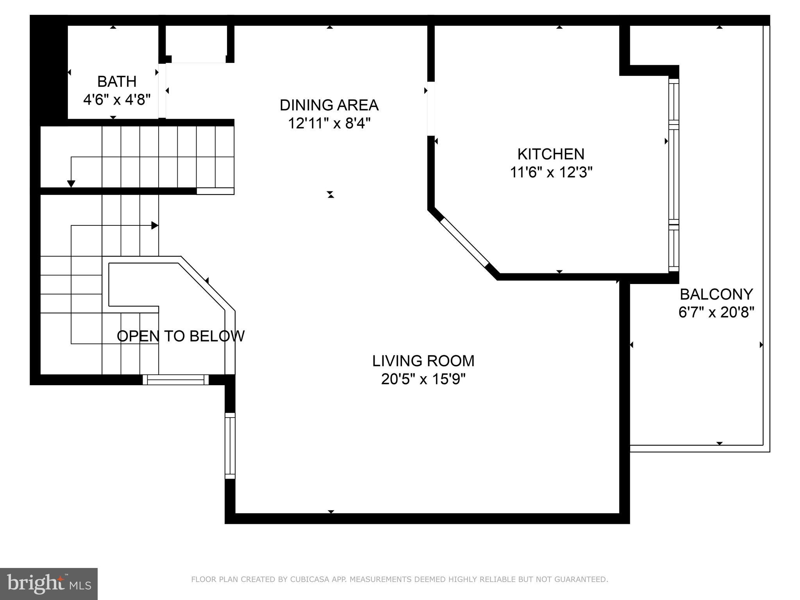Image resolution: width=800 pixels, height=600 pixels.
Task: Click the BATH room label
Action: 117,82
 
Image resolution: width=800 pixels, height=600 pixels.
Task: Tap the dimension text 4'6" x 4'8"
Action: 117,100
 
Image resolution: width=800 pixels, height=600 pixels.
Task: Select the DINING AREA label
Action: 329,105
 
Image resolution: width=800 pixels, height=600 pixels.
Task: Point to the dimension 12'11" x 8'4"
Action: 329,123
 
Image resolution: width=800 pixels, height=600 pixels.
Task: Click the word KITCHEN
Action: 551,154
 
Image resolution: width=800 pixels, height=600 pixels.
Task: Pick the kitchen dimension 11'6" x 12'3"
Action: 551,172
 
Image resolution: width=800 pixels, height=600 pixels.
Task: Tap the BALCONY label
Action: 716,294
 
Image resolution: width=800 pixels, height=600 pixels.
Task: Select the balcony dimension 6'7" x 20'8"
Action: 716,312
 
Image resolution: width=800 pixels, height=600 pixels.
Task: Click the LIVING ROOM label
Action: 423,361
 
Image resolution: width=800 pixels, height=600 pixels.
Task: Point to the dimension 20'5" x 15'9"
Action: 423,379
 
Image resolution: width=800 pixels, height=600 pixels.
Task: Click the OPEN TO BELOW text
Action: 180,336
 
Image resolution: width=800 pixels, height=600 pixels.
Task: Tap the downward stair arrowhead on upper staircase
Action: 71,184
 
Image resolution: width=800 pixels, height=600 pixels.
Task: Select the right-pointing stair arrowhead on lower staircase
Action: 155,225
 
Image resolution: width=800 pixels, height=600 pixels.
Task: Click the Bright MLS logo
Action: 49,583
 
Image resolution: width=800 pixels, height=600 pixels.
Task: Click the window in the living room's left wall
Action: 230,446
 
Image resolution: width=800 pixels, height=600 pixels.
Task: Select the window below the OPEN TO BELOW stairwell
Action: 175,380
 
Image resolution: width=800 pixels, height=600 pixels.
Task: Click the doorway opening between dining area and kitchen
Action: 431,108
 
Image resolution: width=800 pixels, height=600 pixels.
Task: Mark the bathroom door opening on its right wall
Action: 162,91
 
